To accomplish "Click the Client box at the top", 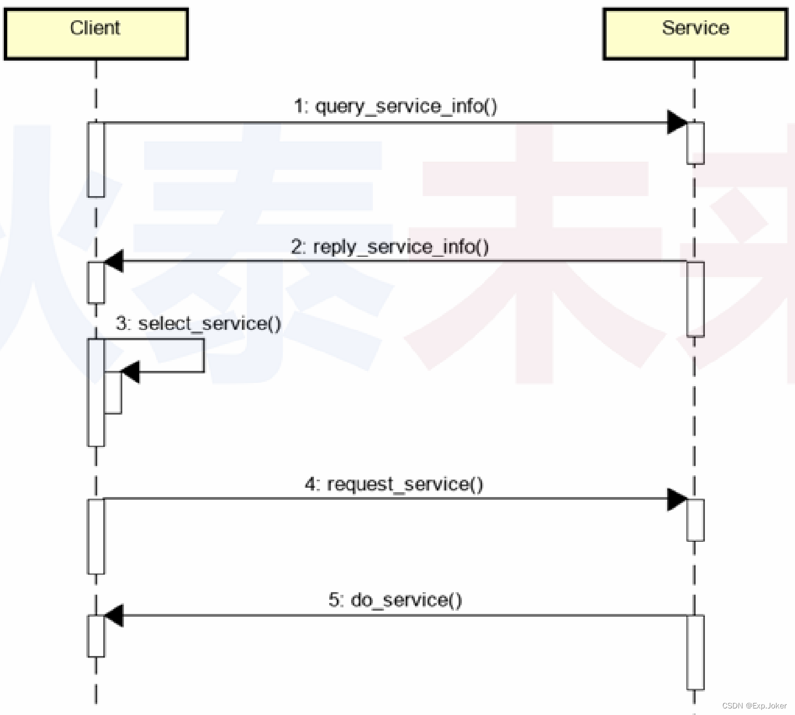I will (x=96, y=33).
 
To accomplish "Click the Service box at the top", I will (x=695, y=33).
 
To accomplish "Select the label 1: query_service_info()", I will (x=395, y=106).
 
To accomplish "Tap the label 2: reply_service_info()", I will (x=390, y=247).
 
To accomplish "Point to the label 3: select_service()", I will (x=198, y=323).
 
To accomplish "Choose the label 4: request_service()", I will (x=394, y=484).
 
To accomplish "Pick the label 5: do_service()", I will (x=395, y=600).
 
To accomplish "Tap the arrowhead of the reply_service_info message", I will (x=114, y=262).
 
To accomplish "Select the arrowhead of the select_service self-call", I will (x=130, y=372).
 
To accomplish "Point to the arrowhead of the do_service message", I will (x=114, y=616).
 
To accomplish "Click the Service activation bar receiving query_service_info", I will (x=695, y=143).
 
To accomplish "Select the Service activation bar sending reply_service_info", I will (x=695, y=299).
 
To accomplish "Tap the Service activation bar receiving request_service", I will (x=695, y=520).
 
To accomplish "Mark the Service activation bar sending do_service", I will (x=695, y=652).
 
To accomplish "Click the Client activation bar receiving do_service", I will (x=96, y=636).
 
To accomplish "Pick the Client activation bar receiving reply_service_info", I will (x=96, y=282).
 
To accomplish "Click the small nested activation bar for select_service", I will (x=113, y=393).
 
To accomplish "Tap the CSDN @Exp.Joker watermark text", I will (x=754, y=706).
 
